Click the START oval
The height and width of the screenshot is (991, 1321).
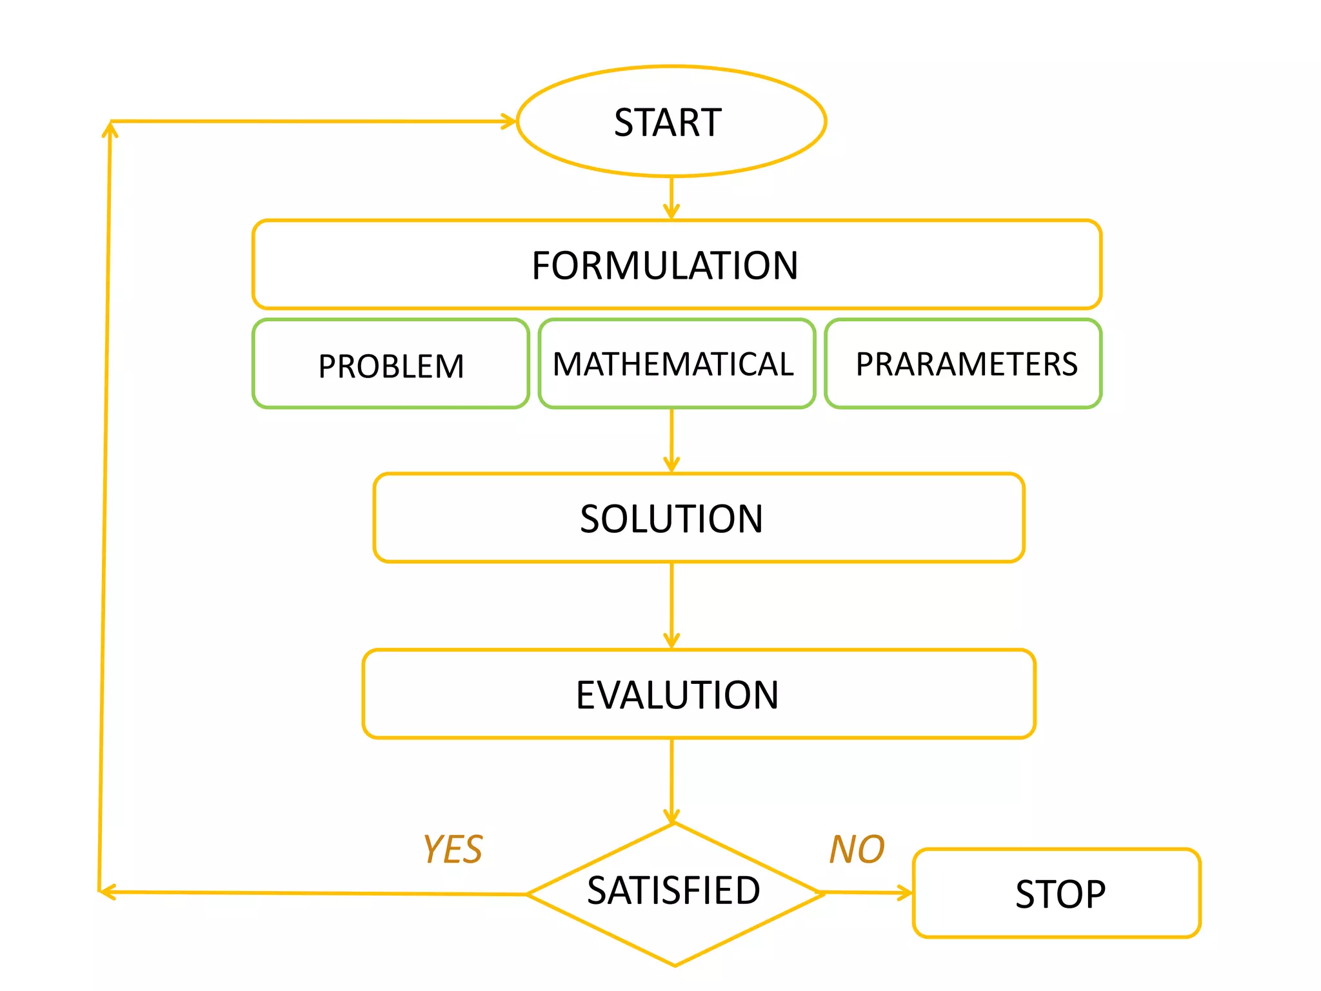[671, 121]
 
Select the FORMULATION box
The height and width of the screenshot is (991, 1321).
[676, 265]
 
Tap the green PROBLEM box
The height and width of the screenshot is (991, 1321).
[391, 365]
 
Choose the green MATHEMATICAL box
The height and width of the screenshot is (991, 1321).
[676, 365]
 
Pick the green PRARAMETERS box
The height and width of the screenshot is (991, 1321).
[963, 365]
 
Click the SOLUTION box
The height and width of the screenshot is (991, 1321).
[699, 518]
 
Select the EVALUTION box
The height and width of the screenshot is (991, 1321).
[699, 694]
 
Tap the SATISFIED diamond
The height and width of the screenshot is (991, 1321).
[674, 894]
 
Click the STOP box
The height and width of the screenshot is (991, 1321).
[1057, 894]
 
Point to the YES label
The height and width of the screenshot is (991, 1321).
[452, 849]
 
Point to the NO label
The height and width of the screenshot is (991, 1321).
[857, 849]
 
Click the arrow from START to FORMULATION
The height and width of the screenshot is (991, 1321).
[671, 197]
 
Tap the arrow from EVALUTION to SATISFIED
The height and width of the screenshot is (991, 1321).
[671, 781]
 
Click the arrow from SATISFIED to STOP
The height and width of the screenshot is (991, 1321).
[868, 893]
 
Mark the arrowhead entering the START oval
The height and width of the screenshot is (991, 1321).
[510, 121]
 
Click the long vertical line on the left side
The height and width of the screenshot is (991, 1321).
[104, 503]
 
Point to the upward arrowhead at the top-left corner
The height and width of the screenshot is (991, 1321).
[110, 129]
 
